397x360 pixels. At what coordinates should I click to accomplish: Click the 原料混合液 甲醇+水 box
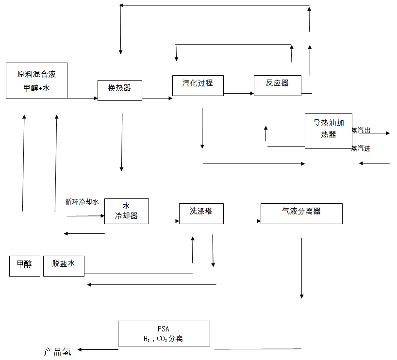tap(36, 81)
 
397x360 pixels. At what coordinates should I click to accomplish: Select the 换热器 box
tap(120, 90)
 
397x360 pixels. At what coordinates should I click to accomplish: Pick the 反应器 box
tap(277, 85)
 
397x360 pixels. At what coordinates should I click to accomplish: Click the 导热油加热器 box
tap(328, 131)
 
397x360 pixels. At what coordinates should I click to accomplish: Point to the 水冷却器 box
tap(126, 211)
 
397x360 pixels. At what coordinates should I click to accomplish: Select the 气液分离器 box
tap(301, 213)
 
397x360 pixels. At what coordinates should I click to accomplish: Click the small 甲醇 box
tap(24, 265)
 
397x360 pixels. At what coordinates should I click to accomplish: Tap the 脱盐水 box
tap(64, 265)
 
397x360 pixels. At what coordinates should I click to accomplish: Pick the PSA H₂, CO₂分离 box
tap(164, 333)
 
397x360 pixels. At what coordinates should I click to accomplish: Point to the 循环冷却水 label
tap(82, 202)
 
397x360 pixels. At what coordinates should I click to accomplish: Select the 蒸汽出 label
tap(361, 131)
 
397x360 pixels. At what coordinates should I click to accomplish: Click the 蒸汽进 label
tap(361, 148)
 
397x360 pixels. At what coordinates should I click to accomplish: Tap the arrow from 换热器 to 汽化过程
tap(157, 98)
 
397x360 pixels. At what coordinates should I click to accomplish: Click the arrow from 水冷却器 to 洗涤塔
tap(164, 221)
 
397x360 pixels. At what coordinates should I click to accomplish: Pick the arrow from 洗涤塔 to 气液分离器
tap(242, 221)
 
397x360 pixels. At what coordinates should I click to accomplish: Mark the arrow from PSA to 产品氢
tap(99, 349)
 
